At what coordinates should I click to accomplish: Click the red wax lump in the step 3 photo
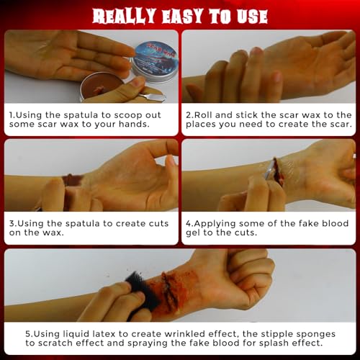[x=73, y=179]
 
